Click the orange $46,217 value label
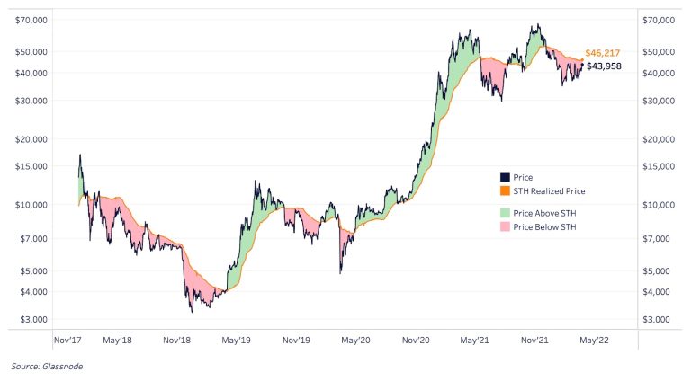602,54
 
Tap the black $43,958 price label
603,66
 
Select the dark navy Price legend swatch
504,178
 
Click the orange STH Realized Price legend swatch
504,191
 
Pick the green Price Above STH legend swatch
504,212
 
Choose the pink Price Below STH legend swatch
504,227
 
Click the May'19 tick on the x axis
237,341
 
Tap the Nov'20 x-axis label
416,341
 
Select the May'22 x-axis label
595,341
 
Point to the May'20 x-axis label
356,341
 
